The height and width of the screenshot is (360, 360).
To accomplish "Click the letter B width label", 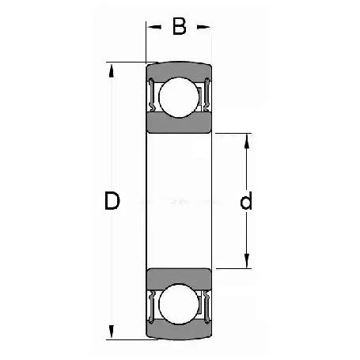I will coord(179,28).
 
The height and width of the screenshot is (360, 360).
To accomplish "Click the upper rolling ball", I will coord(179,98).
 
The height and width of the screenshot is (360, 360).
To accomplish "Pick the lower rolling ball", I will coord(179,304).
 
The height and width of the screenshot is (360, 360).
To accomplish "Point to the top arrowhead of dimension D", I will coord(112,68).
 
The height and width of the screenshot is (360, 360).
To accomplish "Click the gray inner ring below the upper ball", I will coord(179,123).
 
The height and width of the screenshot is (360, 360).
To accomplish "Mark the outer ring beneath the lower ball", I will coord(179,332).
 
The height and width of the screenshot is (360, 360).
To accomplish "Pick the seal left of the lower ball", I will coord(151,306).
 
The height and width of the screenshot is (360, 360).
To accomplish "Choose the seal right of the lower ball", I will coord(207,306).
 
